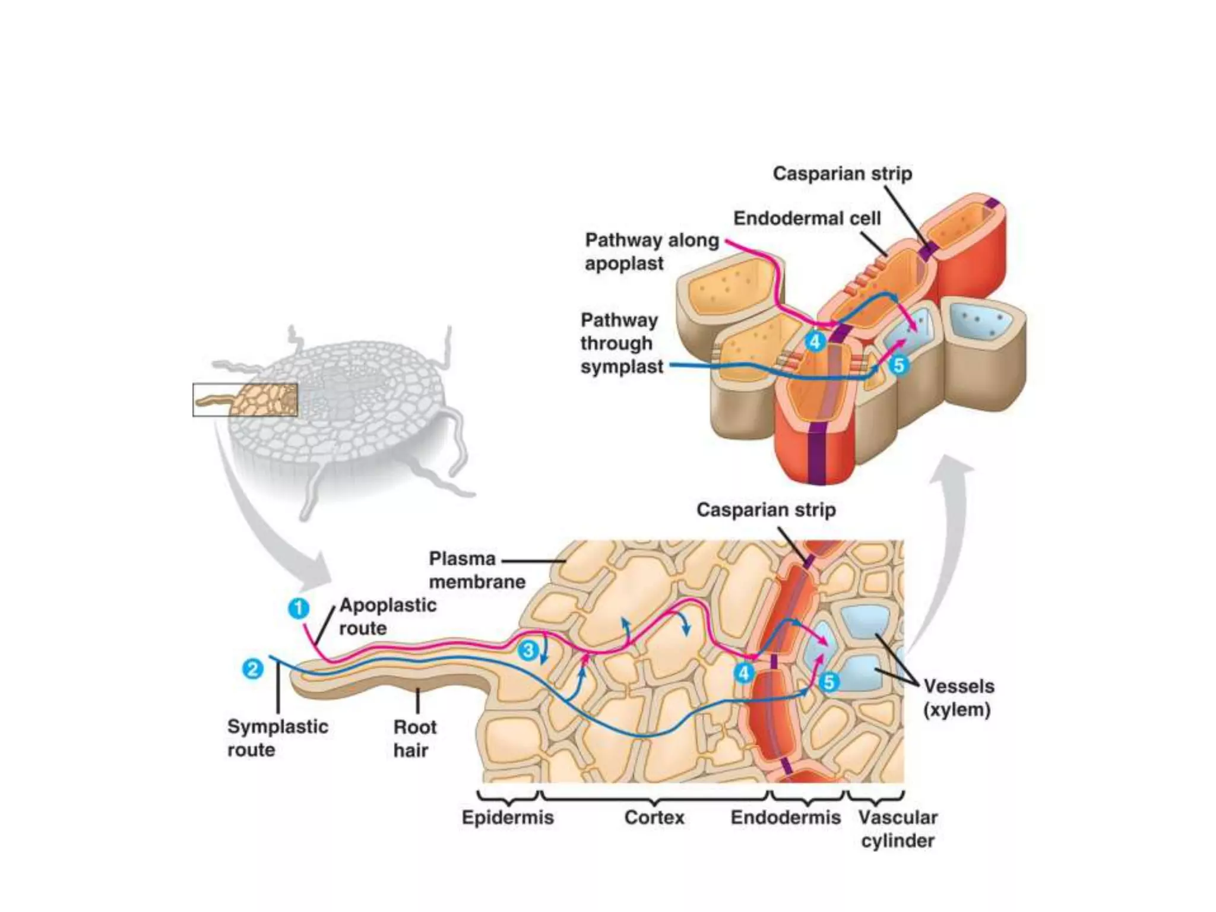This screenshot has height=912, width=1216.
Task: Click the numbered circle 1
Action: [299, 609]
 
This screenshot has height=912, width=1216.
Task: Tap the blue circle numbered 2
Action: [253, 669]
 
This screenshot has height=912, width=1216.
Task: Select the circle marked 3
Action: [528, 650]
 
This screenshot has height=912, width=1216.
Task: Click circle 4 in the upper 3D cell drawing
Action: [815, 341]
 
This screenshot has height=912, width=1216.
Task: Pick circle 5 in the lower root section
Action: [829, 682]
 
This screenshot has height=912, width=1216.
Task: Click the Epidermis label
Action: [508, 818]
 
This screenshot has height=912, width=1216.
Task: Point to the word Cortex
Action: [654, 818]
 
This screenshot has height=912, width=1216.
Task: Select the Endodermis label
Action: [786, 818]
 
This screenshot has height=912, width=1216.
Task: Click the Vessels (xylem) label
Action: [958, 698]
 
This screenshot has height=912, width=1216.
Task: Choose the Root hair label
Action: [414, 738]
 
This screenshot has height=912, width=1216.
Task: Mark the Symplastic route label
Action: [277, 737]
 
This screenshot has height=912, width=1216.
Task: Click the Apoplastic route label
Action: [387, 616]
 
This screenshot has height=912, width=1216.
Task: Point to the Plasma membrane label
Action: [477, 570]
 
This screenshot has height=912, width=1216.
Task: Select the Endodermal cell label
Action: [807, 218]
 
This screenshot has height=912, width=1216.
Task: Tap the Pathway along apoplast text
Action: [651, 251]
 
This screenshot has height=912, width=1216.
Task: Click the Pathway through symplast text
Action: [621, 343]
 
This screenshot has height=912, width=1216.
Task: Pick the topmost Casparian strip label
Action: [842, 173]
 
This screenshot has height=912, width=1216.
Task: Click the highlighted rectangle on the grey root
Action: [245, 400]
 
